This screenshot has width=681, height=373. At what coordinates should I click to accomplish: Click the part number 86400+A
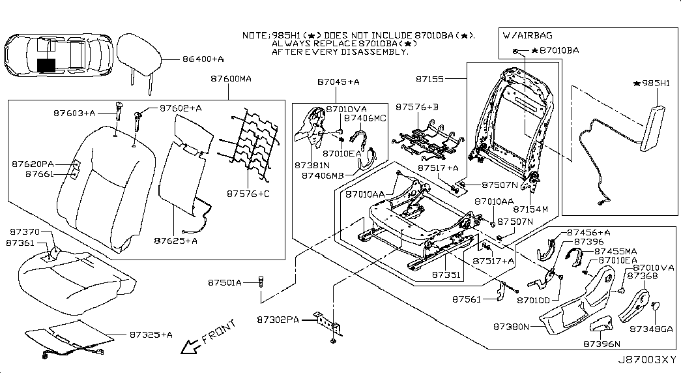click(202, 59)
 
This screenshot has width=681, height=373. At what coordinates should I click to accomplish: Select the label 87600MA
click(231, 79)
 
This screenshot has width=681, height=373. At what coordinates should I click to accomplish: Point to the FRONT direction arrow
click(192, 345)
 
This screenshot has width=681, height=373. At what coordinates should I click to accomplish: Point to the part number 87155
click(431, 79)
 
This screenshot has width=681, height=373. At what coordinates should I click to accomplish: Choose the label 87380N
click(512, 324)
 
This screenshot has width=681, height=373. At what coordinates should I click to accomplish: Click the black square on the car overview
click(47, 65)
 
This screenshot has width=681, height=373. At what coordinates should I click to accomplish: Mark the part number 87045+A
click(338, 82)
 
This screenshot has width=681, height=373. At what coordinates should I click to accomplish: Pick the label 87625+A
click(176, 240)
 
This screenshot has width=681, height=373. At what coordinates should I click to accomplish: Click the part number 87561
click(467, 300)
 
